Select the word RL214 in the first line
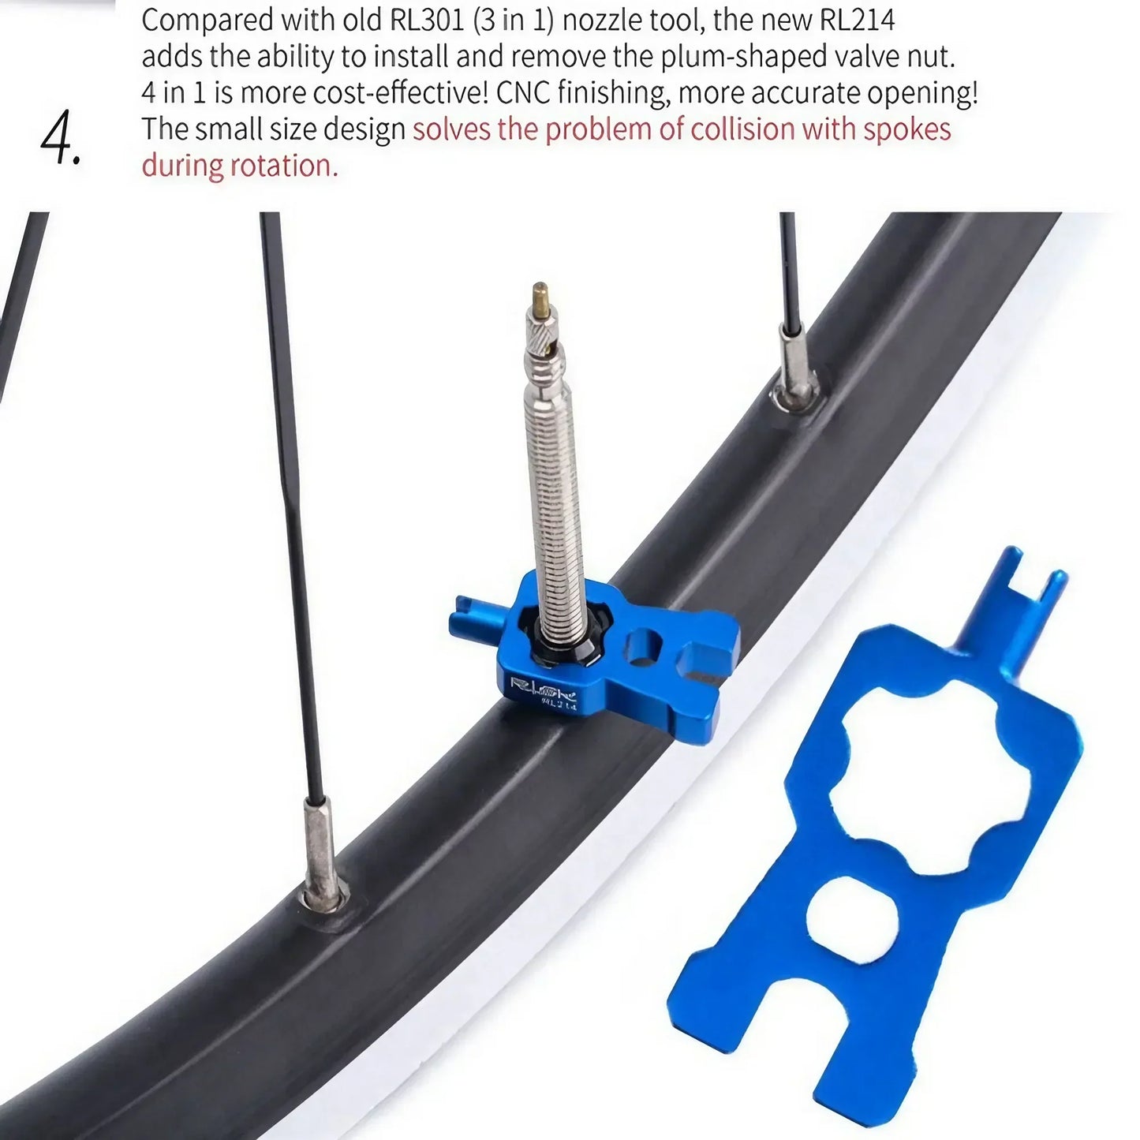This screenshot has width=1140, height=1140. (857, 19)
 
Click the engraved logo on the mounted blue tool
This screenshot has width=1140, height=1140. (543, 688)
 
